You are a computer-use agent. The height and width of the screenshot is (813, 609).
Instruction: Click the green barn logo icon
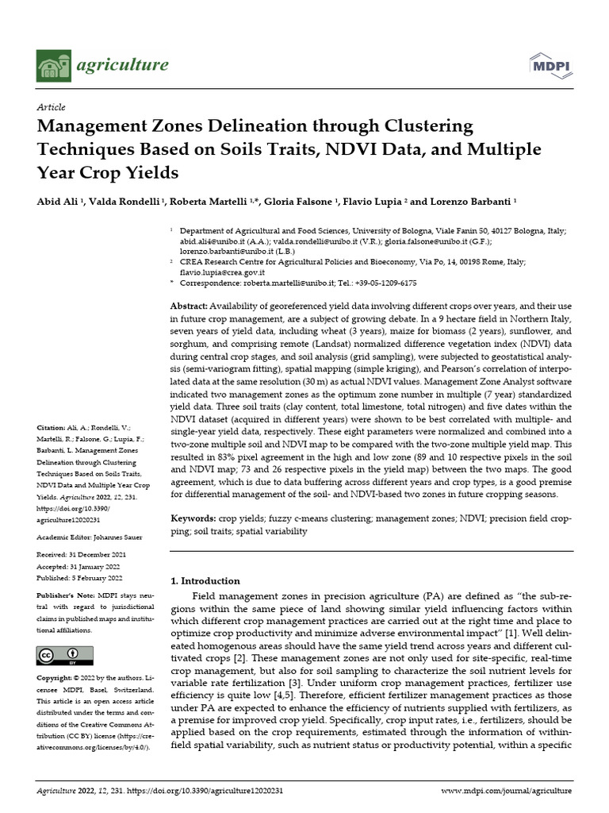point(54,66)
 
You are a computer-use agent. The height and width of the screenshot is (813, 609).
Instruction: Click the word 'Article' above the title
point(52,107)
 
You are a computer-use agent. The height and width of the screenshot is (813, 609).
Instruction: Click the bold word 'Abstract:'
point(190,306)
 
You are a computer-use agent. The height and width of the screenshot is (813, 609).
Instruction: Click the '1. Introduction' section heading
point(205,580)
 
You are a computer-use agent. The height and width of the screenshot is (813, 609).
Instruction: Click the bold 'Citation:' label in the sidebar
point(52,428)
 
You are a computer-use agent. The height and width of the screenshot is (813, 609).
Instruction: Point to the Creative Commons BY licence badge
point(65,656)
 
